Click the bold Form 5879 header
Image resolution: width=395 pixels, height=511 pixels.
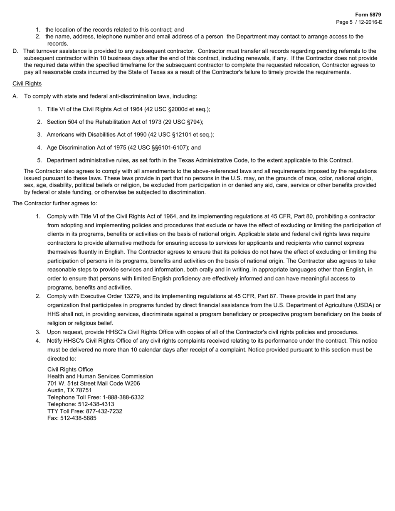(368, 15)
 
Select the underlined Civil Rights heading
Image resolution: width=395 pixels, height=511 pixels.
(27, 84)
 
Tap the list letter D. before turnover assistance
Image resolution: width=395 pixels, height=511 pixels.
(15, 51)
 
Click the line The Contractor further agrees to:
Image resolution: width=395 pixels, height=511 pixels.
(55, 203)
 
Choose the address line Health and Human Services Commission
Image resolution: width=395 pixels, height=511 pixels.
(100, 376)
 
